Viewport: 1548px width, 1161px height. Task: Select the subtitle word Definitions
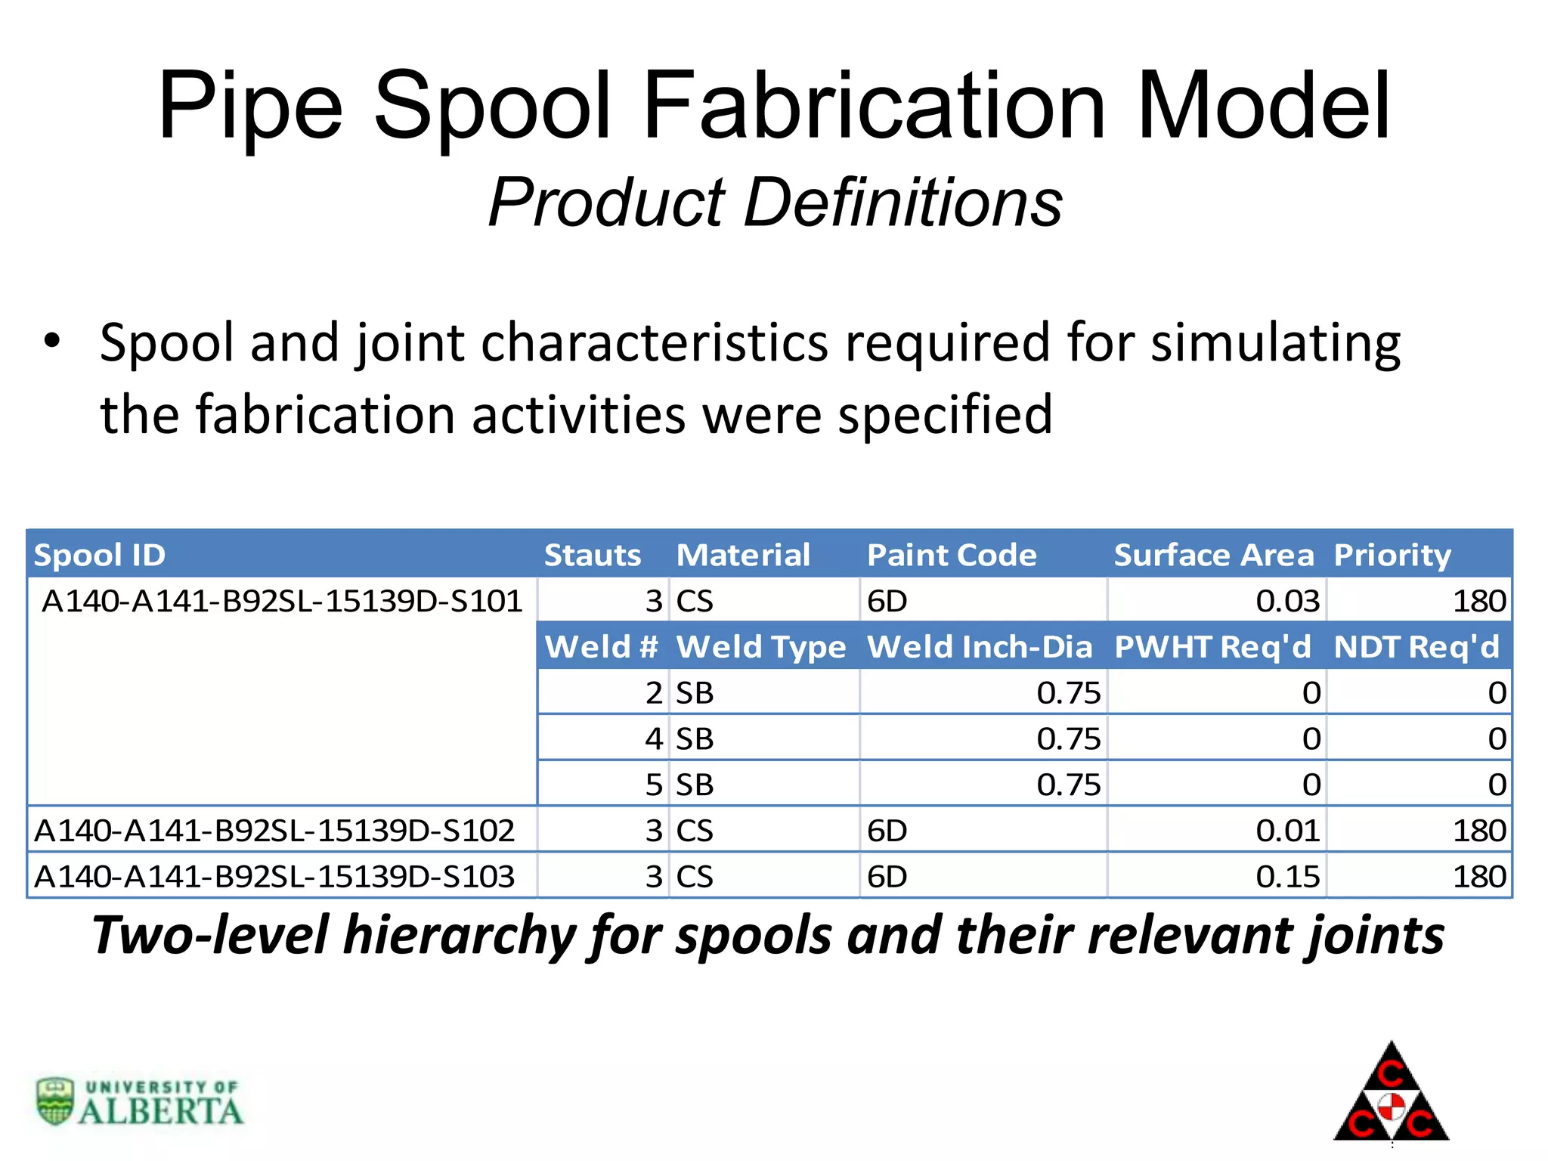(903, 202)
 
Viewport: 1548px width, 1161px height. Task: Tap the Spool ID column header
(100, 556)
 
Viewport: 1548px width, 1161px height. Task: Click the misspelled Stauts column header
(593, 556)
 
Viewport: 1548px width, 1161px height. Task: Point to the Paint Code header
(952, 556)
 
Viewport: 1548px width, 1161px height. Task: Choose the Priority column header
(1392, 556)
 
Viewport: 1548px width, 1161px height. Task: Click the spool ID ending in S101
(282, 602)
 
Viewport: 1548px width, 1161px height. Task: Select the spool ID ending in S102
(274, 831)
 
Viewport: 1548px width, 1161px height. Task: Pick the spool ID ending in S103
(274, 877)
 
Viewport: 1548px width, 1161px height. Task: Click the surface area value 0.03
(1287, 602)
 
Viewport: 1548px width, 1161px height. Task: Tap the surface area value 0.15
(1287, 877)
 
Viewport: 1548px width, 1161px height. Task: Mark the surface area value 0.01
(1287, 831)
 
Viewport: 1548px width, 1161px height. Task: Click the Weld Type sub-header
(760, 648)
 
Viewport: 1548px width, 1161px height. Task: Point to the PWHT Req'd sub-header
(1212, 648)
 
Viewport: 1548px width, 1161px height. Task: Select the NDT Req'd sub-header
(1416, 648)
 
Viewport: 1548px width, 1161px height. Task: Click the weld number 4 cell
(654, 739)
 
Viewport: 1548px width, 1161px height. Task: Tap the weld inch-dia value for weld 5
(1068, 785)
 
